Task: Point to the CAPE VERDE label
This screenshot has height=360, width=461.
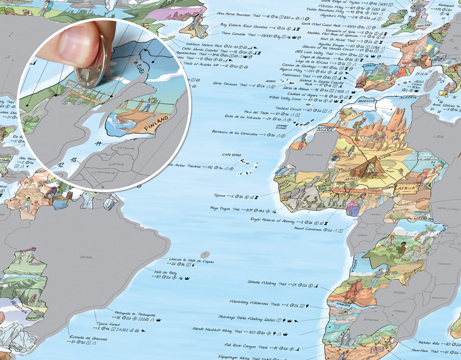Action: (x=231, y=156)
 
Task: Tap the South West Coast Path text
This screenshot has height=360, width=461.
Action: (x=322, y=24)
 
